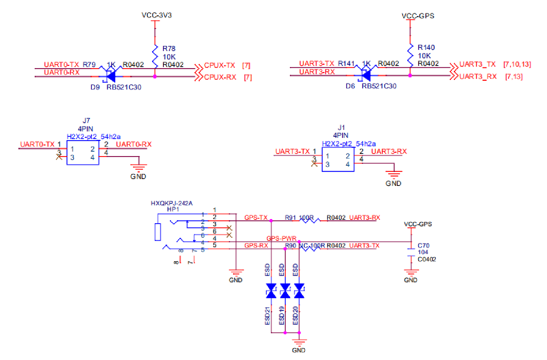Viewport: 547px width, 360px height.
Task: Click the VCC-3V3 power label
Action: click(x=157, y=15)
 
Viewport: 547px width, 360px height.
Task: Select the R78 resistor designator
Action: click(x=169, y=48)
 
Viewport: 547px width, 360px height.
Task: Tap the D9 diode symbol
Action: click(x=110, y=76)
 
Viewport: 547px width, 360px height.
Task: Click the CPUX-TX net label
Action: click(x=219, y=65)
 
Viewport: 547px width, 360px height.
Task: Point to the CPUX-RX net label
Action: click(x=220, y=77)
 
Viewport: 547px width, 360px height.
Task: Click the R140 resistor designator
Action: click(x=426, y=47)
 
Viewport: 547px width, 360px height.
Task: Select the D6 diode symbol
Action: click(x=366, y=75)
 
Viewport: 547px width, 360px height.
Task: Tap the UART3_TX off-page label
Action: click(x=477, y=64)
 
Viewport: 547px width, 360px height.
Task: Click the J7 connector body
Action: click(x=83, y=153)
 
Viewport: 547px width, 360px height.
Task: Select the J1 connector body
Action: click(x=338, y=160)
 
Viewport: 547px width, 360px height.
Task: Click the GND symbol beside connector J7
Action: click(x=138, y=168)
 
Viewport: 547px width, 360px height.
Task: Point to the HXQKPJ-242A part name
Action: click(x=171, y=203)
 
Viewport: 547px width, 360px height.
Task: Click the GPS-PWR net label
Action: click(x=281, y=238)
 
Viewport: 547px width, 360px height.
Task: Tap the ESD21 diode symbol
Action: click(x=271, y=291)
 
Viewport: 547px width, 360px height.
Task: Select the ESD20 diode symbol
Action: click(x=299, y=291)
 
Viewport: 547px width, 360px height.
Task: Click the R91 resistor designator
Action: click(x=290, y=218)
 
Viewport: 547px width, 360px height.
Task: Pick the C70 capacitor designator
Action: click(x=423, y=245)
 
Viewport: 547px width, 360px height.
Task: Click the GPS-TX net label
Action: click(x=256, y=218)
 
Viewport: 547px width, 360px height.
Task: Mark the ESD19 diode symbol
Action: click(x=285, y=291)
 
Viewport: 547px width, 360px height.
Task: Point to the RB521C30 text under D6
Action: click(x=379, y=86)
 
